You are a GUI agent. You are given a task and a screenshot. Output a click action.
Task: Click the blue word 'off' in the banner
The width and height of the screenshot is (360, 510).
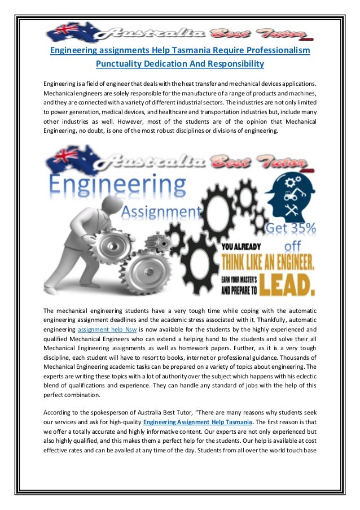pos(293,246)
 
